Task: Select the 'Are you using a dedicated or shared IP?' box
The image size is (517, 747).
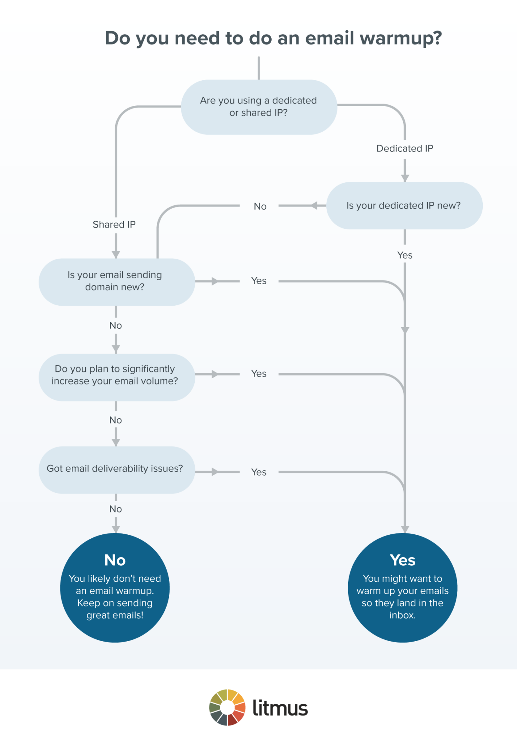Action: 258,107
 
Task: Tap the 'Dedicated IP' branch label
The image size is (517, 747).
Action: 405,148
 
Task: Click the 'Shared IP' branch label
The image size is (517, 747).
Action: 114,224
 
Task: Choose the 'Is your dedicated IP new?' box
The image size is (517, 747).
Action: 404,206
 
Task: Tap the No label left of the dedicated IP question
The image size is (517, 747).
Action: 260,206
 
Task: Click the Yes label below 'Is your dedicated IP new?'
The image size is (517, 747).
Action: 405,255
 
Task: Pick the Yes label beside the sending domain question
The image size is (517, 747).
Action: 259,281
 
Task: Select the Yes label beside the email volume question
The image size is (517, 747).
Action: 259,374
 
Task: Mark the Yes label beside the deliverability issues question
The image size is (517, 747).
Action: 259,472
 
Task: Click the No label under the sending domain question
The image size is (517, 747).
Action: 116,325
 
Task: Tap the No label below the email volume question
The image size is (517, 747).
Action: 116,420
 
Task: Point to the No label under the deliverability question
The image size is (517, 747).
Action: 116,509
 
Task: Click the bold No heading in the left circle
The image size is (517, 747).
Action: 115,560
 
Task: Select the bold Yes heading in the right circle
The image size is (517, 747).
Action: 403,560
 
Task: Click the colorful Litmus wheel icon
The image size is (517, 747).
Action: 227,708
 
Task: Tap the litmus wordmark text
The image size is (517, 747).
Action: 280,708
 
